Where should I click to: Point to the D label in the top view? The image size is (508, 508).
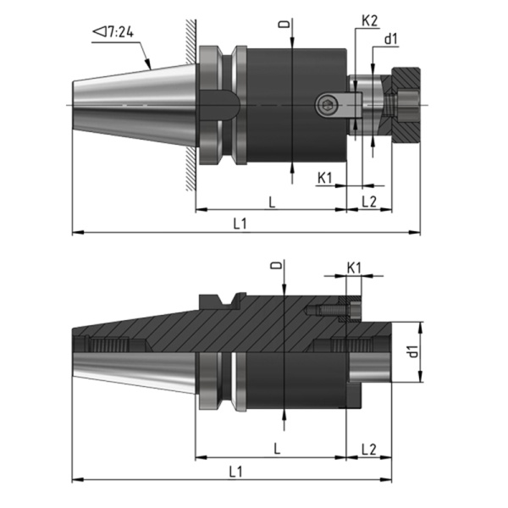tap(291, 25)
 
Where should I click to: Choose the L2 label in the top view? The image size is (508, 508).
tap(369, 201)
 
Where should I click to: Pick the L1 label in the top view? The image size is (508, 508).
tap(240, 222)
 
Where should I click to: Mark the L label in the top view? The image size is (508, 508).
tap(271, 201)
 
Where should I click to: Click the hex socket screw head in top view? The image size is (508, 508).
tap(326, 105)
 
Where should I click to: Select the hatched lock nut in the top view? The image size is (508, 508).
tap(404, 105)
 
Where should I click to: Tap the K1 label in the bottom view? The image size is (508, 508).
tap(355, 267)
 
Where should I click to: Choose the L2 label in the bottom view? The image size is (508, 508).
tap(369, 447)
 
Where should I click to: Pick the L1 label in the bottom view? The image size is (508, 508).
tap(240, 468)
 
